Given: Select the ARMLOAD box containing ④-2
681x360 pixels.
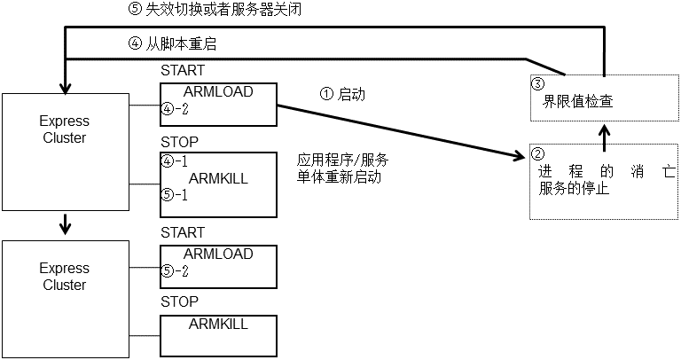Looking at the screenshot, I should click(218, 106).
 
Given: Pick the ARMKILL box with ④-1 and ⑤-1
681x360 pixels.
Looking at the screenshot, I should click(218, 184).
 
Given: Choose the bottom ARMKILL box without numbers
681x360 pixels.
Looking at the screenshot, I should click(218, 333).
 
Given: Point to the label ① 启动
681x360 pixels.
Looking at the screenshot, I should click(341, 94).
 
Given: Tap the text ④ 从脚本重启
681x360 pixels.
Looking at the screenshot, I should click(173, 43).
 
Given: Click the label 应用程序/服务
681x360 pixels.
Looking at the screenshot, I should click(343, 160).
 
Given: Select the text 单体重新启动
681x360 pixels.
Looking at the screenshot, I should click(340, 176).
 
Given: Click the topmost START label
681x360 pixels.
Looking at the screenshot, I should click(182, 70).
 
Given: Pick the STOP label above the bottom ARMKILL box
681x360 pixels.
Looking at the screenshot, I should click(179, 302).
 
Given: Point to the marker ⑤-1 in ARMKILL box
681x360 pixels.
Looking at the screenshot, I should click(175, 195).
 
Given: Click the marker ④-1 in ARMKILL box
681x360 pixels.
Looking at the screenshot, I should click(175, 162).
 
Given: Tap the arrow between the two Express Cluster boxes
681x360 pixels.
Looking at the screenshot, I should click(64, 225).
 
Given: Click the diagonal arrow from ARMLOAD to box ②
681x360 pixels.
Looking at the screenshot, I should click(399, 132).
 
